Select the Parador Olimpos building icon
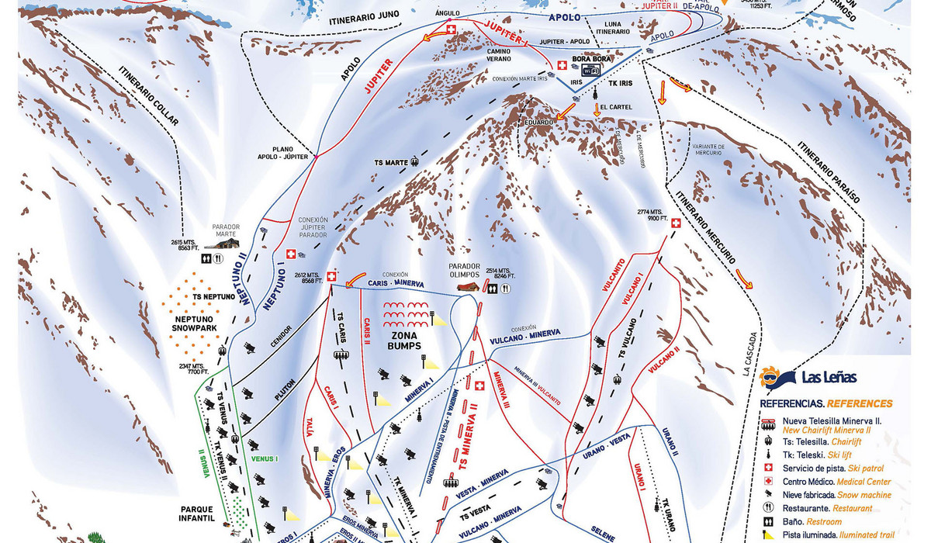pos(467,286)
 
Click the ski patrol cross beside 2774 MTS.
pos(675,223)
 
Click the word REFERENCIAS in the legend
pos(791,403)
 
